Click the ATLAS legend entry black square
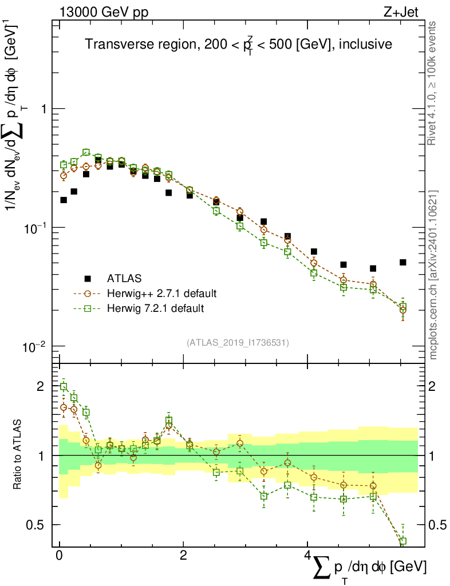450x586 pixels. (x=88, y=279)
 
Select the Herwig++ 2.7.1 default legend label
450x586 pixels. (x=161, y=294)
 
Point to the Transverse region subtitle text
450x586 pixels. (x=238, y=45)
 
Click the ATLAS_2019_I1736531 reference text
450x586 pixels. (x=238, y=342)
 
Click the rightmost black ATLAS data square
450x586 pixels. (x=403, y=262)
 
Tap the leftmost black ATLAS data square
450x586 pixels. (x=64, y=200)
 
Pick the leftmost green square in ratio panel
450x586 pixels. (x=64, y=386)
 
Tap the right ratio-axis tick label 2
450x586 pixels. (x=436, y=386)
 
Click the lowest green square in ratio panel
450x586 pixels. (x=403, y=541)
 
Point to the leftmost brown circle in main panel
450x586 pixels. (x=64, y=176)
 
